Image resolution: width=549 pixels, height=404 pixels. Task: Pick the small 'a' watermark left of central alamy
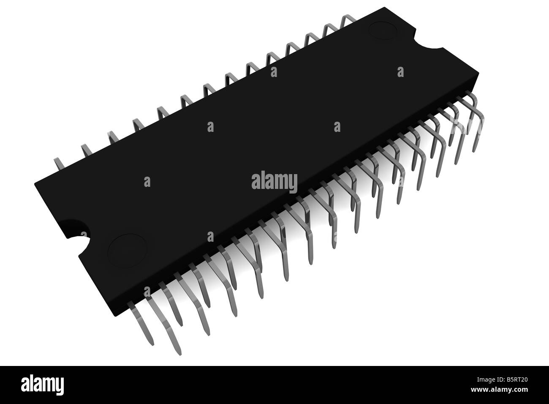(x=147, y=181)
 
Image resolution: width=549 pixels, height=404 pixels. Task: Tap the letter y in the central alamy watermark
(x=292, y=183)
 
